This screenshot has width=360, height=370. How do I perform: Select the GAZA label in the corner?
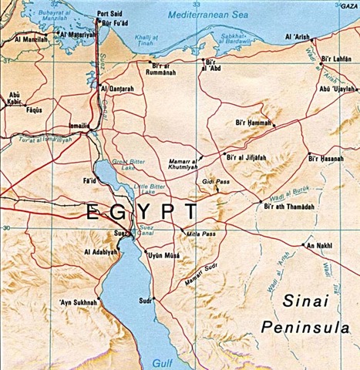(x=349, y=5)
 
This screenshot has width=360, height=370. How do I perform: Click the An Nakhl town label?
(x=319, y=246)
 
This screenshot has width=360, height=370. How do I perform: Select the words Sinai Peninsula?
(x=309, y=314)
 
